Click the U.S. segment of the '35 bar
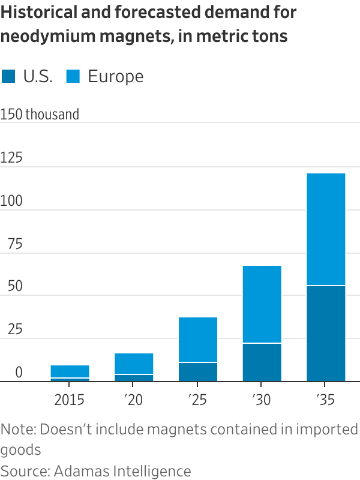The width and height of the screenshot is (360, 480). point(326,333)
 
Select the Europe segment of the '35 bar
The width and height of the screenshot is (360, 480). point(326,229)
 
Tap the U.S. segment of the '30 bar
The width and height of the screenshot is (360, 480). point(262,362)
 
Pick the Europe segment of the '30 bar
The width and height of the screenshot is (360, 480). point(262,304)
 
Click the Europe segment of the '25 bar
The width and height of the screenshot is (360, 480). point(198,340)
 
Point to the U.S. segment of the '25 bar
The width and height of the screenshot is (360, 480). point(198,372)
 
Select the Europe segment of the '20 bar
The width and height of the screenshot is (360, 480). point(134,364)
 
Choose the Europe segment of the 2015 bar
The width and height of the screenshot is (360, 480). point(70,371)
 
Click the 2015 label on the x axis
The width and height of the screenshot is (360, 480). point(70,400)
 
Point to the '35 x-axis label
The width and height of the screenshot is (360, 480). point(326,400)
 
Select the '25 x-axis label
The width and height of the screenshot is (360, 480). point(198,400)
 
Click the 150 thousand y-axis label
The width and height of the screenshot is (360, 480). point(40,114)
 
